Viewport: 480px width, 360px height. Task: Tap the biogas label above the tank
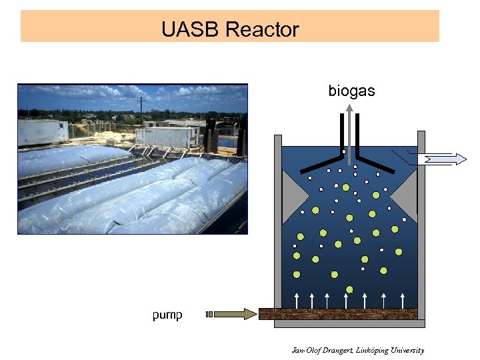point(351,91)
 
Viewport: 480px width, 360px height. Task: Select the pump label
point(167,315)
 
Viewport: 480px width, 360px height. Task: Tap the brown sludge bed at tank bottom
point(338,313)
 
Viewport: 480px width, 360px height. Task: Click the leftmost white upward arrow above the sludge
point(297,299)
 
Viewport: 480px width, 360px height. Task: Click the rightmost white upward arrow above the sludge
point(402,299)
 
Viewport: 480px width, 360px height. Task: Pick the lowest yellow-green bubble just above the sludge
point(349,289)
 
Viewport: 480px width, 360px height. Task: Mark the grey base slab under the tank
point(349,324)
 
